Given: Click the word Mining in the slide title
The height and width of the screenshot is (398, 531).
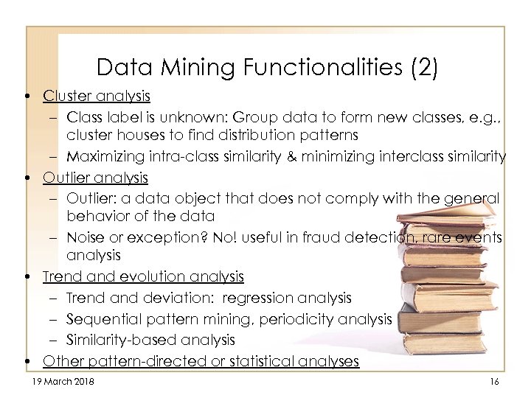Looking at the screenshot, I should click(188, 68).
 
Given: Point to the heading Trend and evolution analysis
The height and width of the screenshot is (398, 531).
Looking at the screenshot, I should click(143, 276).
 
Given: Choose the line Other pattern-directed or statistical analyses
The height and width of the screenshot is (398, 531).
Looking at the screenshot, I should click(201, 360).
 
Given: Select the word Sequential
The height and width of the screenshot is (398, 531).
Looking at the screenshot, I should click(97, 318).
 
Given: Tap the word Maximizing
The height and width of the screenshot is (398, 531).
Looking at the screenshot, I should click(102, 156).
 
